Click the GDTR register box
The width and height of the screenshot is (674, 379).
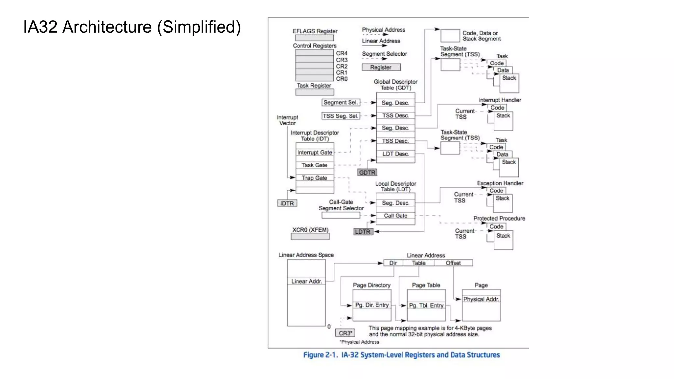point(367,173)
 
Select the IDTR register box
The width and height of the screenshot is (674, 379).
point(287,203)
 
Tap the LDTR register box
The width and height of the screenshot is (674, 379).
point(363,232)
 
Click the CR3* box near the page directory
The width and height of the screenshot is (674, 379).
point(345,333)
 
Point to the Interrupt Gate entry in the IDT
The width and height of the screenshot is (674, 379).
point(315,153)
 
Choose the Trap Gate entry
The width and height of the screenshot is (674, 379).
point(315,178)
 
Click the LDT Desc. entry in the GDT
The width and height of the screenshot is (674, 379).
point(396,154)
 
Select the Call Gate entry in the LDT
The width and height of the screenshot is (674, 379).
point(396,216)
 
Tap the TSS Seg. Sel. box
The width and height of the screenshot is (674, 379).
point(340,116)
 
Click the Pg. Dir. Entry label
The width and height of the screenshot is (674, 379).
point(372,305)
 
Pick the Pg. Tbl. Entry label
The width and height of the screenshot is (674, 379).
point(426,306)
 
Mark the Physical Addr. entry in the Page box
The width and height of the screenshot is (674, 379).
point(481,299)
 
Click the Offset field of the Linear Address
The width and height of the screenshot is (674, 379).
point(453,263)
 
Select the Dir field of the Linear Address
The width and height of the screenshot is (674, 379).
point(393,263)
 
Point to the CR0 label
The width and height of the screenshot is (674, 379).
point(342,79)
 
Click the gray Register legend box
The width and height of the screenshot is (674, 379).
point(381,67)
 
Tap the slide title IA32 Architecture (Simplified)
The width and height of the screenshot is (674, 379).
point(132,27)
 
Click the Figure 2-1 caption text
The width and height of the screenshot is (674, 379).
point(401,355)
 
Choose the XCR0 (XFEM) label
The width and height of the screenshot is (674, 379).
point(310,230)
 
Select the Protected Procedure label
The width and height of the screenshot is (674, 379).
point(499,219)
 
